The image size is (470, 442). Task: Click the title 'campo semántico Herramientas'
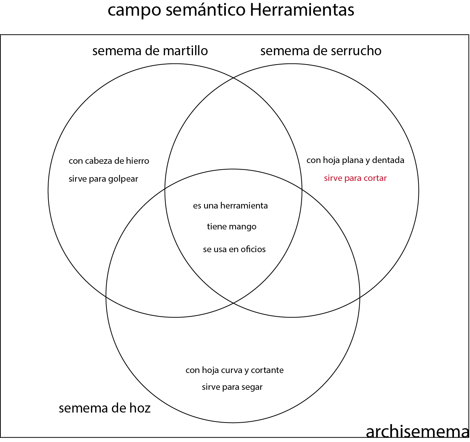pos(231,10)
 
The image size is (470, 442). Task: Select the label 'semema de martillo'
pos(150,51)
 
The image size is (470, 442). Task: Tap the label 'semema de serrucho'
pos(321,51)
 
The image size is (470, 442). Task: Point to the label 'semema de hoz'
pos(105,408)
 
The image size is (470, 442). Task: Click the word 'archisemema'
pos(417,432)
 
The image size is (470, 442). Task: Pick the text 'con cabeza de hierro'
pos(109,161)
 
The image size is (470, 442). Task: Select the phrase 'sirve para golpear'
pos(103,179)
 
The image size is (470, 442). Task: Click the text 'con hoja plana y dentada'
pos(355,160)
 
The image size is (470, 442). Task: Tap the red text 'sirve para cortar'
pos(355,178)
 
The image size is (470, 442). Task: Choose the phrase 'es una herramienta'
pos(230,206)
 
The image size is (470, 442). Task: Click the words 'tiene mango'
pos(231,227)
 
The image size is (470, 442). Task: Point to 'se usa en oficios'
pos(234,250)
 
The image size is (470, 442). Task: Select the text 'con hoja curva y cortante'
pos(234,370)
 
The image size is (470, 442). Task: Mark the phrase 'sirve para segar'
pos(232,387)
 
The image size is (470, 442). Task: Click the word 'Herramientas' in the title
pos(302,10)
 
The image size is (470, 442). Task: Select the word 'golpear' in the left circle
pos(124,179)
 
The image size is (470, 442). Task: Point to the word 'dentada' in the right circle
pos(388,160)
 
